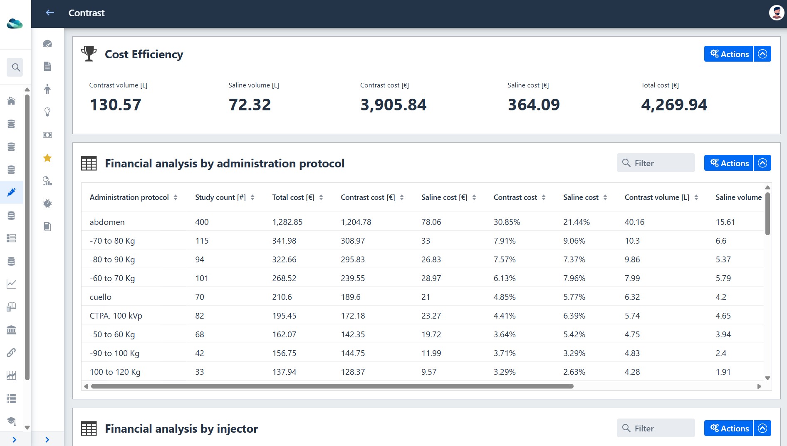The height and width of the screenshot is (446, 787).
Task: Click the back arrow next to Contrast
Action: (50, 13)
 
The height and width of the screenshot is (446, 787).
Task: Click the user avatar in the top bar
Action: (776, 12)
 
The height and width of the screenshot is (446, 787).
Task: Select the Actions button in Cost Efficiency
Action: (728, 54)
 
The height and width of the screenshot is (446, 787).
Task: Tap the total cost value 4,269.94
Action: (674, 105)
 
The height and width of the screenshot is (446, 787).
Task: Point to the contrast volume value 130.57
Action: (116, 105)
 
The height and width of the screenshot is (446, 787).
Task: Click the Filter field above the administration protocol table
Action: (656, 163)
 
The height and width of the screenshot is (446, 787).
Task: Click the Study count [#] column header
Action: (220, 197)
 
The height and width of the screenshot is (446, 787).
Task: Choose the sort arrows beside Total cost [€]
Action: (321, 197)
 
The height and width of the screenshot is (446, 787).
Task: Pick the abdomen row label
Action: (107, 222)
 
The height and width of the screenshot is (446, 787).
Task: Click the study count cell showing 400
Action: (202, 222)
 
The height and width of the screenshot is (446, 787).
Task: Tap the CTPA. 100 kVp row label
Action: (116, 316)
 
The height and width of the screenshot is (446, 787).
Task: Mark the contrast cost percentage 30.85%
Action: (507, 222)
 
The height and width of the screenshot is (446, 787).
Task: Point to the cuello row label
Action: (100, 297)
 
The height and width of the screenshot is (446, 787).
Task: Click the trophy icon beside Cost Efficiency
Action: (89, 54)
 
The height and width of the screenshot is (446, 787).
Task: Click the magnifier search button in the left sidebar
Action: (16, 67)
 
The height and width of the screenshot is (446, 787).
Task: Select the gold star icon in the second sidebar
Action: (47, 158)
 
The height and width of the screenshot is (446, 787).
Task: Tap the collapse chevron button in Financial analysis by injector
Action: (762, 428)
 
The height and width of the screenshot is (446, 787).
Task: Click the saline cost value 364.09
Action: (534, 105)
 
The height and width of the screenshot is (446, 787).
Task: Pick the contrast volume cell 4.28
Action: (632, 372)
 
